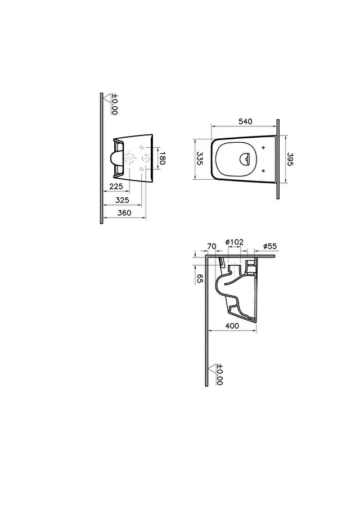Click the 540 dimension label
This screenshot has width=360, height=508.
click(245, 121)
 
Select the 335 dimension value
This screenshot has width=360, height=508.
click(200, 159)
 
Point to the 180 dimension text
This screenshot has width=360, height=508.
click(162, 159)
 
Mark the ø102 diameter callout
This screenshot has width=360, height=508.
click(234, 242)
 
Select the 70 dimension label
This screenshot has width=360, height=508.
click(212, 246)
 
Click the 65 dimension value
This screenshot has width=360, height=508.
click(200, 279)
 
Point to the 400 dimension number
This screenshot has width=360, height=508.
click(231, 326)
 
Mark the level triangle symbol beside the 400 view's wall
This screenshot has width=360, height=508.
click(212, 369)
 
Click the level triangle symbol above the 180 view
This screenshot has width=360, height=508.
click(107, 99)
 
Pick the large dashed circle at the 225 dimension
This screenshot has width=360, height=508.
click(129, 159)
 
